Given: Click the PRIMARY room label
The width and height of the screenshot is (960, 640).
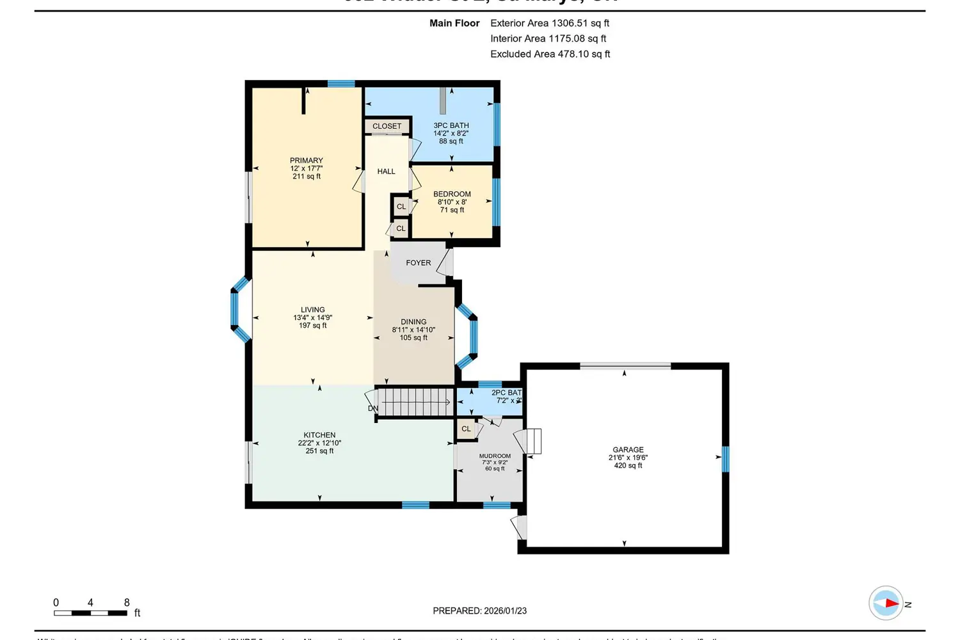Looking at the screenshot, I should [306, 161].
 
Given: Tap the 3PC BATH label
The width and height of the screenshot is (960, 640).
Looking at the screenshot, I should [451, 125].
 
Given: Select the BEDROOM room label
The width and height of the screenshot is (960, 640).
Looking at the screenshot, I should [452, 194].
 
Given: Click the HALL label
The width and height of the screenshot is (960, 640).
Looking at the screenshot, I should [386, 172].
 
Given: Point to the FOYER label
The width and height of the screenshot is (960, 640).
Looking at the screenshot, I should [418, 263].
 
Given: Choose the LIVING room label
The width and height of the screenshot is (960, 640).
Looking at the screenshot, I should [312, 310].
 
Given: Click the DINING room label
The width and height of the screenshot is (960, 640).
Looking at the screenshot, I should [413, 322].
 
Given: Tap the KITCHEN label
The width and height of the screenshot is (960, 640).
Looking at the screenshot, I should [319, 435].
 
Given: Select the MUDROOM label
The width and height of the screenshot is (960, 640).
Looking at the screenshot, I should [495, 456].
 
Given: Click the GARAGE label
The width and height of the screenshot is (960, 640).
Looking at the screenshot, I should [628, 450].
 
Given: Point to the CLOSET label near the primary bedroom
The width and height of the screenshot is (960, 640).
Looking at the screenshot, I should [387, 126].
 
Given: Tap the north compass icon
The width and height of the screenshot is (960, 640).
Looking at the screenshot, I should [886, 603].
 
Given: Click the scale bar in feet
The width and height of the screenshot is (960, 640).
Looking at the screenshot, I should [90, 613].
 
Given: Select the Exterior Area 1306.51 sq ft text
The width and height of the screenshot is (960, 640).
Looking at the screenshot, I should [549, 23].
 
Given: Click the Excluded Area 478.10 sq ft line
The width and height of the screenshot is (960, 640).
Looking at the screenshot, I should [550, 54].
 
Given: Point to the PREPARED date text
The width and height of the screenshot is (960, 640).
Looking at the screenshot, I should [479, 611].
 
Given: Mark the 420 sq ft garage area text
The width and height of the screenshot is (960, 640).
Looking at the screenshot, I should [628, 466].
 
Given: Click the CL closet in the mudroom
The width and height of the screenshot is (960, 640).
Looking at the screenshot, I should [466, 429].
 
